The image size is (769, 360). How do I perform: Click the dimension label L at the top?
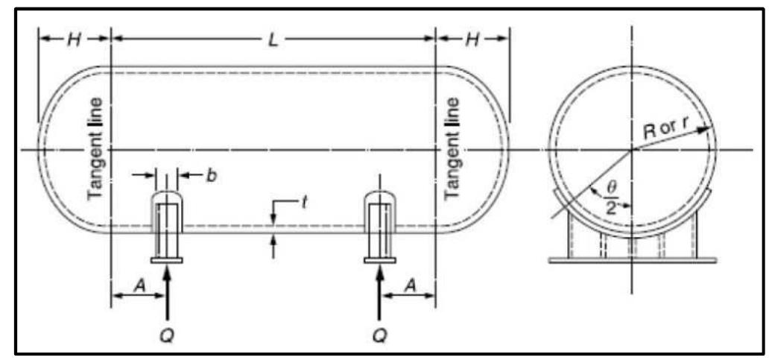(273, 40)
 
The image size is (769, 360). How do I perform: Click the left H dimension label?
(73, 40)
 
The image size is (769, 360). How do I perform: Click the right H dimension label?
(472, 40)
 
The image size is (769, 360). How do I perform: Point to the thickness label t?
(305, 200)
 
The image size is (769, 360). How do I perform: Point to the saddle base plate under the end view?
(633, 259)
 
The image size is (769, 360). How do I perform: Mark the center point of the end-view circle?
(632, 150)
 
